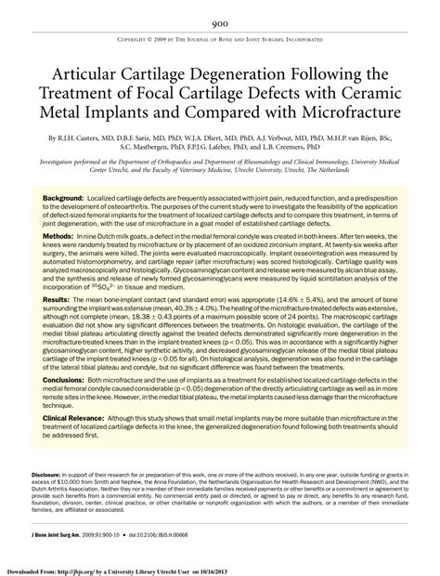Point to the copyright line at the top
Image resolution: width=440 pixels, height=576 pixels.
tap(220, 42)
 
